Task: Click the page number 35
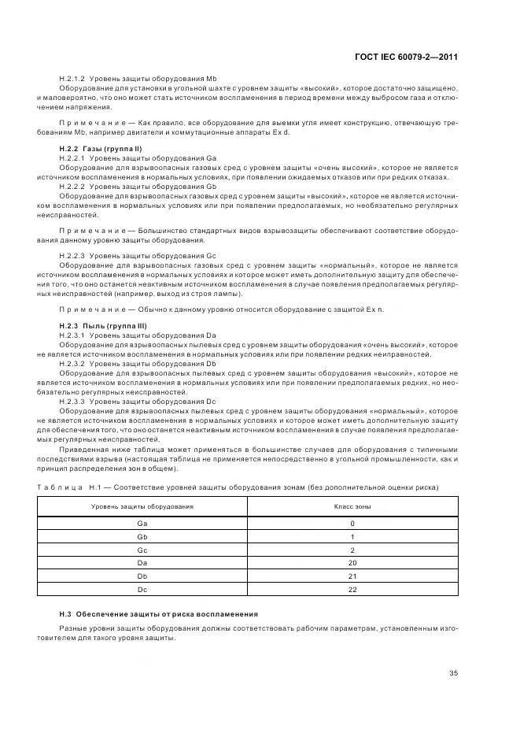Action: pos(453,672)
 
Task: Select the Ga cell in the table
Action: pos(142,524)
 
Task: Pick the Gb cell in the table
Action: pos(142,537)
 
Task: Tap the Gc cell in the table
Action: pos(142,550)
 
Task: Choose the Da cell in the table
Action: pos(142,563)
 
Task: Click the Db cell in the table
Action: pos(142,576)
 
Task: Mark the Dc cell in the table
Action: pos(142,589)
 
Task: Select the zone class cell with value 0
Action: pos(352,524)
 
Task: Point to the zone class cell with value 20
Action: pos(352,563)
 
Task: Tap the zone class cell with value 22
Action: pos(352,589)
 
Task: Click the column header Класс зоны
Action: pos(352,506)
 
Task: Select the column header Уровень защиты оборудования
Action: pos(142,506)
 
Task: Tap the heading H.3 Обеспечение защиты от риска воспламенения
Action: pos(158,613)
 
